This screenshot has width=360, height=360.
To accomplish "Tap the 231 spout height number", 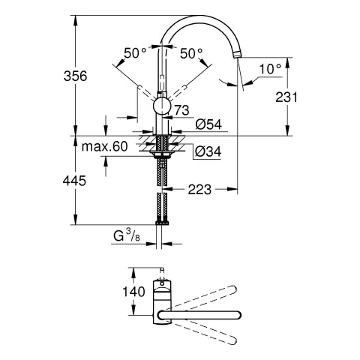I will pos(307,97).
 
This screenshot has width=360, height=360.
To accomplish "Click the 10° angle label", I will pos(269,68).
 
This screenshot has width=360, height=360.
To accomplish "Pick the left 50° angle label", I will pos(136,53).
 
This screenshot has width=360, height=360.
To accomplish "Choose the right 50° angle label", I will pos(192,53).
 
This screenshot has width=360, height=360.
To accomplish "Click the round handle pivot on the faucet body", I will pos(162,106).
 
